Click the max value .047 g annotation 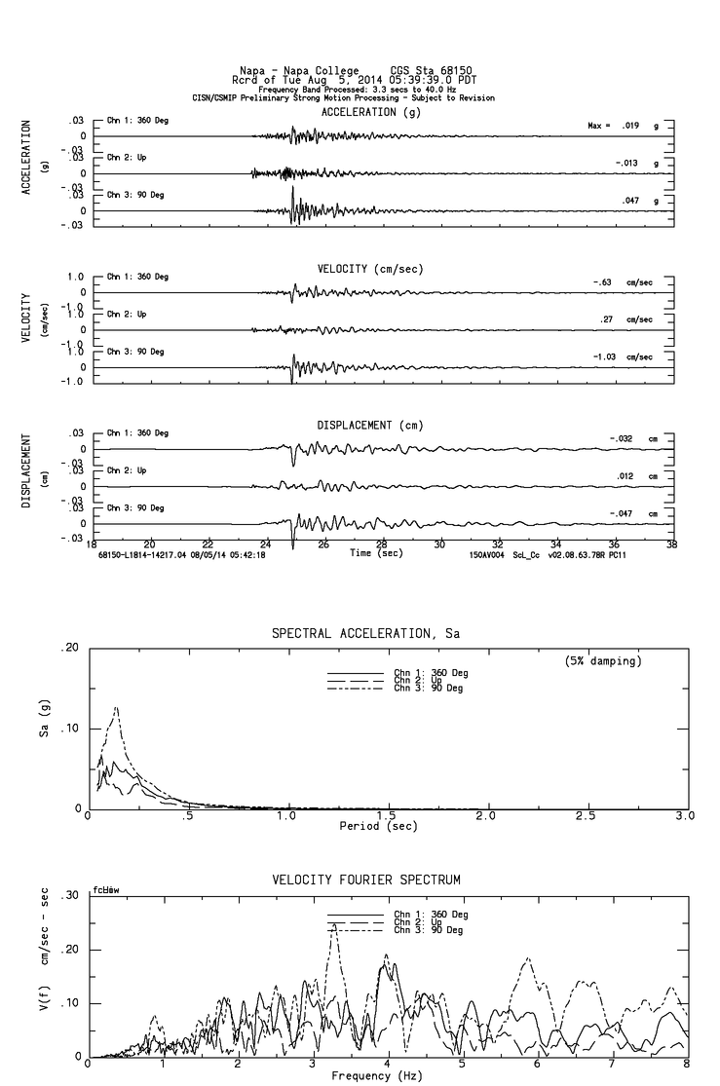coord(636,201)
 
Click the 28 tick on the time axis coord(382,544)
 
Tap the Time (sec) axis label coord(376,553)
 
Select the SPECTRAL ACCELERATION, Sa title coord(365,634)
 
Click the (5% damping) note coord(603,661)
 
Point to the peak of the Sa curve coord(117,707)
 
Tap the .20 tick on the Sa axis coord(70,648)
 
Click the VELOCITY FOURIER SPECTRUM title coord(365,880)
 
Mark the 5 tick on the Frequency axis coord(463,1066)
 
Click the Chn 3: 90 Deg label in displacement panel coord(137,508)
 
